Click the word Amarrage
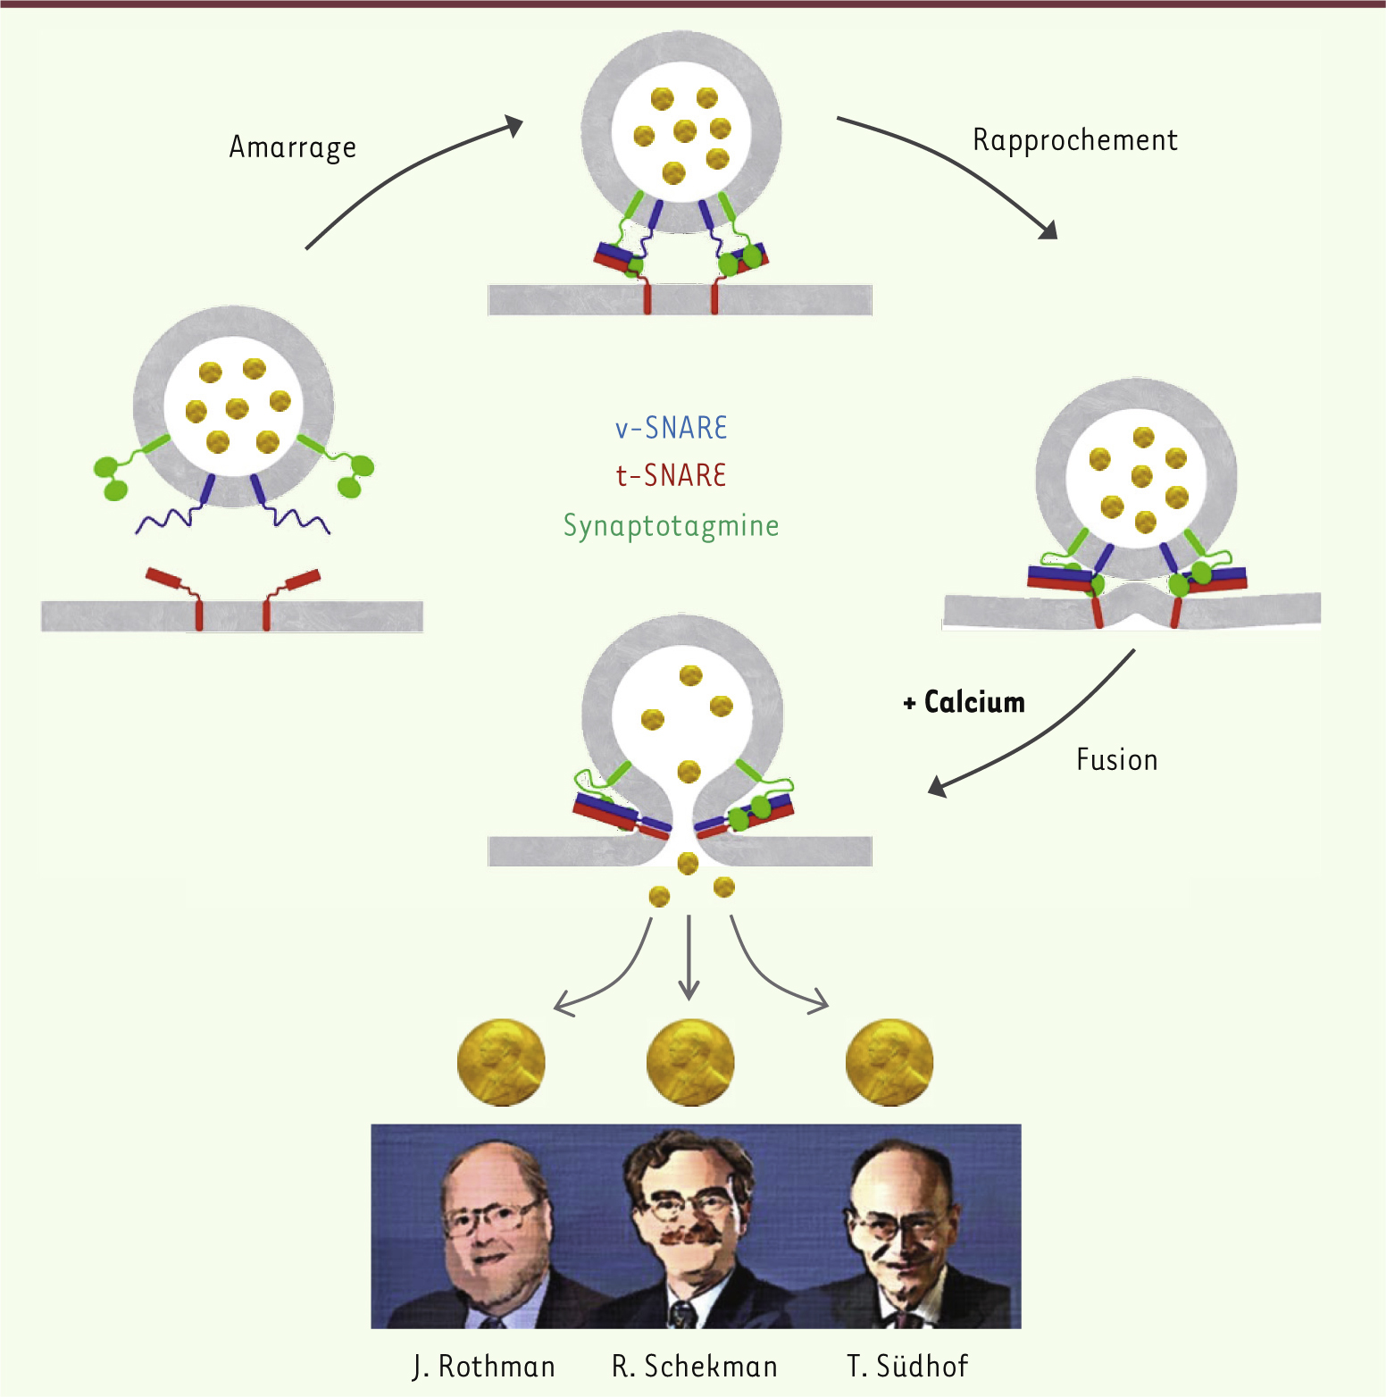[x=293, y=147]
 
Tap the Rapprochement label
[x=1075, y=140]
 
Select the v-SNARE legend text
[x=671, y=428]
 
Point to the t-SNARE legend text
[x=671, y=474]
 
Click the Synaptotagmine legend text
[x=671, y=526]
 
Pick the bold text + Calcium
[x=964, y=702]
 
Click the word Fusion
[x=1116, y=759]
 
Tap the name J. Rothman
[x=484, y=1366]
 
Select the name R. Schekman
[x=694, y=1366]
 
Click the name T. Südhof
[x=907, y=1366]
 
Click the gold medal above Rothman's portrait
[x=501, y=1063]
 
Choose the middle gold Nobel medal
[x=690, y=1063]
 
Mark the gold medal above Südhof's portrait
[x=889, y=1063]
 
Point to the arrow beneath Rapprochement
[x=960, y=161]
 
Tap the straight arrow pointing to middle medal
[x=689, y=958]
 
